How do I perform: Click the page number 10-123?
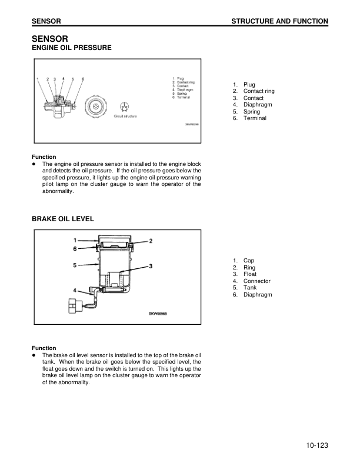tap(316, 445)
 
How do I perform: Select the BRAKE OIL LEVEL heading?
tap(62, 219)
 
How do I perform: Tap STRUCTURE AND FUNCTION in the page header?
tap(279, 21)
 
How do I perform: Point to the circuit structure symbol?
tap(124, 106)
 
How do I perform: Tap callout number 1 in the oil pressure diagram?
tap(38, 78)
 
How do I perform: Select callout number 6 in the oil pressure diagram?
tap(83, 78)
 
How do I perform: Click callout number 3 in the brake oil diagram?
tap(151, 266)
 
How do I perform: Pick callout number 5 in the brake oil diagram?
tap(75, 265)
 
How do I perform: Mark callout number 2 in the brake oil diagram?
tap(151, 241)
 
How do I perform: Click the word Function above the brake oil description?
tap(44, 348)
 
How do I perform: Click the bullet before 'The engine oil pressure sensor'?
tap(35, 164)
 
